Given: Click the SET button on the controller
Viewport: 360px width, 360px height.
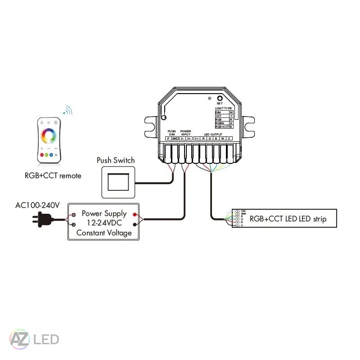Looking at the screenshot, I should click(x=219, y=99).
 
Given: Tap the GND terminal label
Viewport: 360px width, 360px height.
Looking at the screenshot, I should click(x=175, y=139).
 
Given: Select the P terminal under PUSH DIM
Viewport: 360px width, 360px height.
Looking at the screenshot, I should click(x=168, y=139).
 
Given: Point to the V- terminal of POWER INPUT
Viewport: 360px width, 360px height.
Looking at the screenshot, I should click(x=182, y=139).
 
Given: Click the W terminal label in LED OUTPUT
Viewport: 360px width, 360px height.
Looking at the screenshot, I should click(x=222, y=139).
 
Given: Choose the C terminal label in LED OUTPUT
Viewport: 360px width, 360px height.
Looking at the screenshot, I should click(x=229, y=139).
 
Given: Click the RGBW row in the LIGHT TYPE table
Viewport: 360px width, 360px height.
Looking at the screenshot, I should click(x=221, y=123).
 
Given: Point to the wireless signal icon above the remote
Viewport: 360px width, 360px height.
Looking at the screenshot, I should click(x=68, y=110).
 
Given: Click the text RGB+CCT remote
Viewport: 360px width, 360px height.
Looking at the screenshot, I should click(x=53, y=175).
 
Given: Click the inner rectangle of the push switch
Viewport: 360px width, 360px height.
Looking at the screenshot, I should click(x=118, y=182).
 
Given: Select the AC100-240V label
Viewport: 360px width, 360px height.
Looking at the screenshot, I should click(x=37, y=205).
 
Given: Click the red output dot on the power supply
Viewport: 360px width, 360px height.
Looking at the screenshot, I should click(x=135, y=215).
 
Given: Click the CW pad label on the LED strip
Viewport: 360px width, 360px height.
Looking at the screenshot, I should click(x=243, y=211).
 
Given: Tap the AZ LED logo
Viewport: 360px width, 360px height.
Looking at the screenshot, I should click(x=34, y=338).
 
